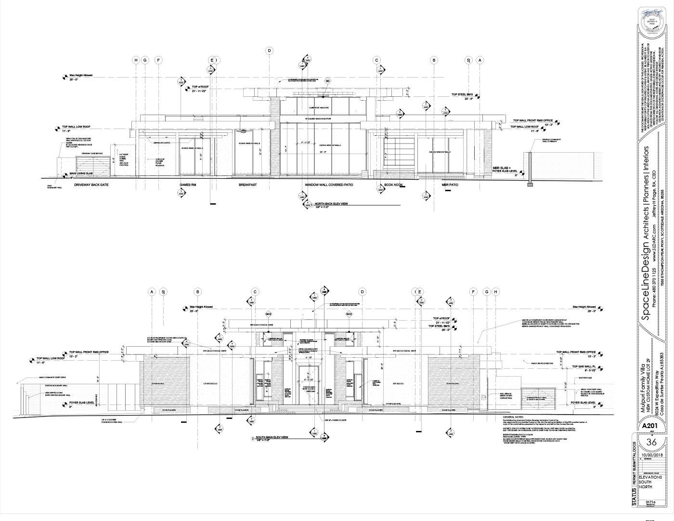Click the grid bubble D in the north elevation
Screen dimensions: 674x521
click(x=270, y=51)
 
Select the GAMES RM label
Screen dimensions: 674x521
click(x=189, y=185)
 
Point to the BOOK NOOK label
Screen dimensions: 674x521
click(x=393, y=185)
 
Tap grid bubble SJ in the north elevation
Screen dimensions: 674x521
click(x=467, y=60)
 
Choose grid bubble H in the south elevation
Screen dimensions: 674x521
click(x=496, y=292)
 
